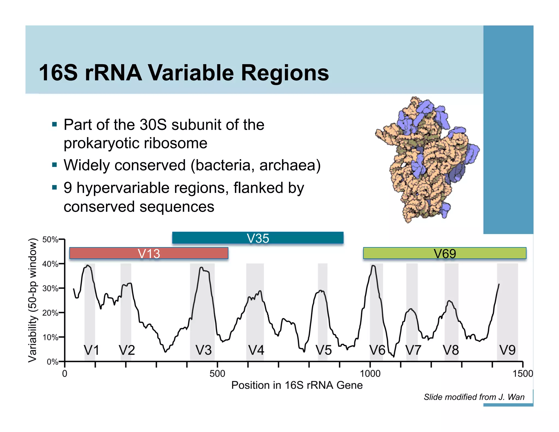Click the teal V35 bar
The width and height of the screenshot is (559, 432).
(258, 238)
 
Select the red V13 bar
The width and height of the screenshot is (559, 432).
(149, 253)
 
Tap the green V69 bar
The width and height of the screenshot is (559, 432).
(444, 253)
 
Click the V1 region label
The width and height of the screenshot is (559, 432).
(91, 350)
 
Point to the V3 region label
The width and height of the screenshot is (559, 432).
(204, 350)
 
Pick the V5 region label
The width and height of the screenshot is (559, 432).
(323, 350)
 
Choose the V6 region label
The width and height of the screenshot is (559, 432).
(377, 350)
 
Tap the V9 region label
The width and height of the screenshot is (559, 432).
(507, 350)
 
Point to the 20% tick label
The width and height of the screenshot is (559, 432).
(50, 313)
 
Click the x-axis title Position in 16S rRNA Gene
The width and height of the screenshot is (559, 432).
(297, 385)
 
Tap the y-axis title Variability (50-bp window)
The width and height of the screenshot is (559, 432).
(32, 300)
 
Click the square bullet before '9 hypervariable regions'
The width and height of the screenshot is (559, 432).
(55, 188)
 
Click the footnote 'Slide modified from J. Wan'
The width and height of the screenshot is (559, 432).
(474, 397)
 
